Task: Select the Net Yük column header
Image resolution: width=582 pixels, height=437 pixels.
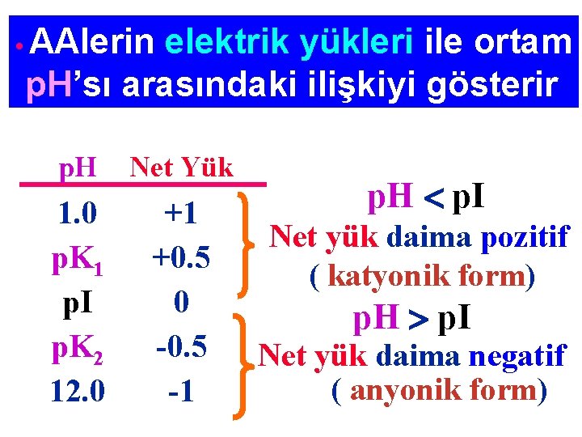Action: [x=181, y=168]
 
